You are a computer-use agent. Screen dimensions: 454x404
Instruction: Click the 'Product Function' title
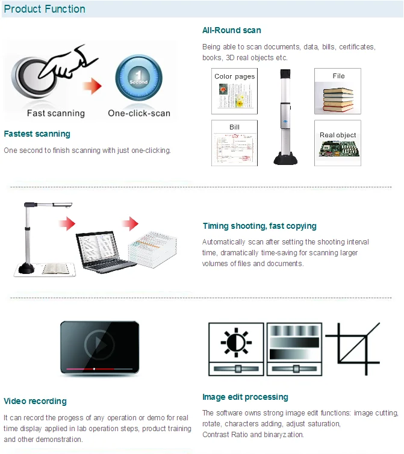45,9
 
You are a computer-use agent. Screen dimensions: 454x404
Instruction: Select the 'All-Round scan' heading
231,30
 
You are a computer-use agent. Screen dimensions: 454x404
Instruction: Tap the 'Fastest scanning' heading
37,134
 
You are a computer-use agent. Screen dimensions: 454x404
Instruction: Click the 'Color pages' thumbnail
234,91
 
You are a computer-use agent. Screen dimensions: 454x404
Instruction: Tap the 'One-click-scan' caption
139,113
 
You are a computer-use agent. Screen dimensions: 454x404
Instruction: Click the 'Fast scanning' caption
56,113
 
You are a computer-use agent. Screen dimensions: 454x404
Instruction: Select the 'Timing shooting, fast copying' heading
259,226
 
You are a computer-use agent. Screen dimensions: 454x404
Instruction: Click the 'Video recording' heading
35,401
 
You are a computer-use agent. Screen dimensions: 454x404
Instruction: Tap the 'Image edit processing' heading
245,397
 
